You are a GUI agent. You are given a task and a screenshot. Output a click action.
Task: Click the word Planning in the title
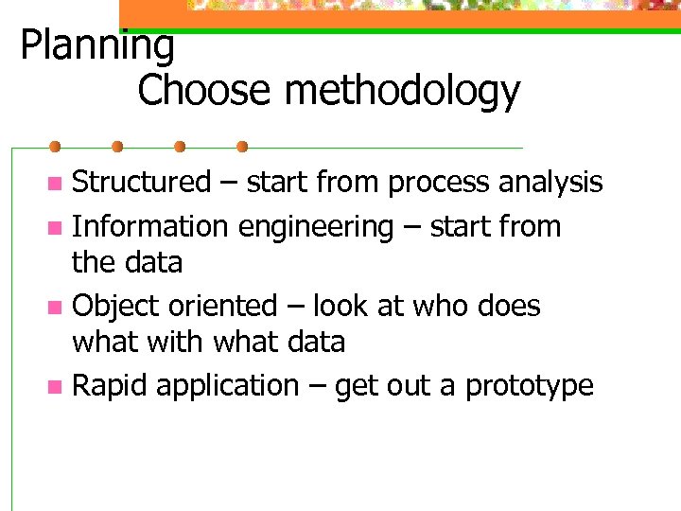click(97, 45)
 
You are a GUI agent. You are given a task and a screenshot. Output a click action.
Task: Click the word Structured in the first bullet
click(142, 181)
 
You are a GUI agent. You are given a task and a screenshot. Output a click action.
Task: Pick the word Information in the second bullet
click(151, 226)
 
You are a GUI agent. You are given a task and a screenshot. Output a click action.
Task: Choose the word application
click(227, 387)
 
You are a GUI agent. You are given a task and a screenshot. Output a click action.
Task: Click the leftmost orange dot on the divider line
click(55, 148)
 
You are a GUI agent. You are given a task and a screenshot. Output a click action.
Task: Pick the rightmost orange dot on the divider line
click(242, 148)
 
